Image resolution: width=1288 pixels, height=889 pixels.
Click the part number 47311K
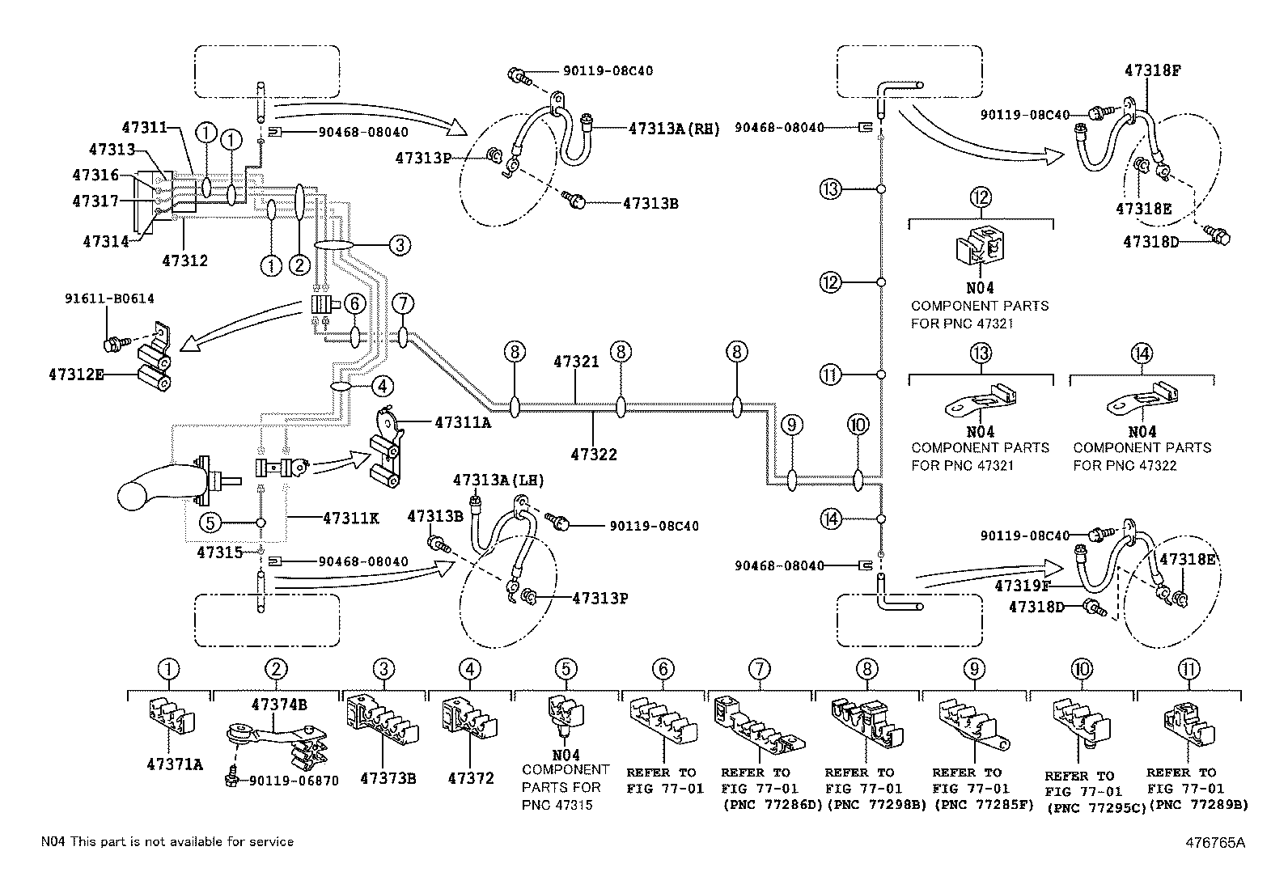tap(351, 518)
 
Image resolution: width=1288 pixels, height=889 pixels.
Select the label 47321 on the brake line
tap(576, 362)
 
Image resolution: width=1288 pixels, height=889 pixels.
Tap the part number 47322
tap(593, 455)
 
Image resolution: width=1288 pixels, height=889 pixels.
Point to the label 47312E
tap(77, 375)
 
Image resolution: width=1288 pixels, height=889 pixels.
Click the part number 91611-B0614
tap(109, 298)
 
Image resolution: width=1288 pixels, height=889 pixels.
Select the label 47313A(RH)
tap(674, 129)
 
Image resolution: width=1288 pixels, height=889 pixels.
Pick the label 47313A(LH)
tap(498, 480)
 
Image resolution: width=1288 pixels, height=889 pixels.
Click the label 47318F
tap(1152, 70)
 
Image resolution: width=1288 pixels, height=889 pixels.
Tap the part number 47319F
tap(1023, 586)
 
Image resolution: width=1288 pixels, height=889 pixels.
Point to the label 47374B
tap(279, 705)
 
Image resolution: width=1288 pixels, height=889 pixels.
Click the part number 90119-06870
tap(294, 781)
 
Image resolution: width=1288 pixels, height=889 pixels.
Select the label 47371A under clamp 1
tap(175, 764)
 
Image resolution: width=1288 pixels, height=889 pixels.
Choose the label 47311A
tap(463, 422)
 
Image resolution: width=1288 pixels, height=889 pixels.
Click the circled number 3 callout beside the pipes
tap(400, 245)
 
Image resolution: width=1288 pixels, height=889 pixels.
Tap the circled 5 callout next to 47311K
tap(210, 523)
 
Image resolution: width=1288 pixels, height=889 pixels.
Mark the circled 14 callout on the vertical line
tap(830, 519)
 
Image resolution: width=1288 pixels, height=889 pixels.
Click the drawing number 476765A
tap(1215, 842)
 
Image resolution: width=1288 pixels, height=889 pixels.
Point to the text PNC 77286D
tap(773, 805)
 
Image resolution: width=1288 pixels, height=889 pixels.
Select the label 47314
tap(106, 242)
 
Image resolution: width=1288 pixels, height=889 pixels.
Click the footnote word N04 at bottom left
tap(53, 842)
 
